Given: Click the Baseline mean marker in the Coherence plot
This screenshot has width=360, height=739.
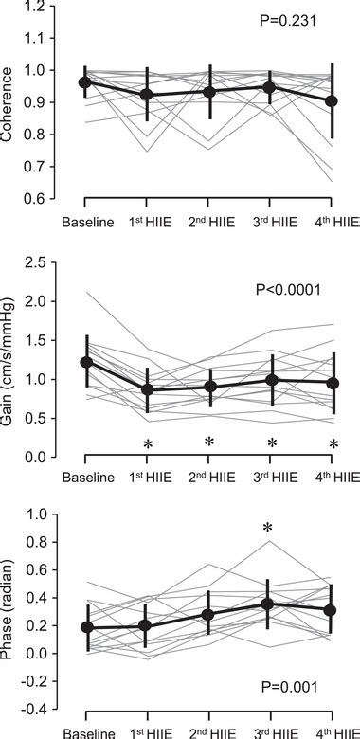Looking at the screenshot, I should pyautogui.click(x=85, y=82).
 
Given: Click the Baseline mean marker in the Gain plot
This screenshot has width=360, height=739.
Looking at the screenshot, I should pyautogui.click(x=85, y=362).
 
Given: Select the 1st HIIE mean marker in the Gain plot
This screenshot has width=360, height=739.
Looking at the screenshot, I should pyautogui.click(x=147, y=389).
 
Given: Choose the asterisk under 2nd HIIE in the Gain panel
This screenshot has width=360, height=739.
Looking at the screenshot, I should pyautogui.click(x=208, y=443).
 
